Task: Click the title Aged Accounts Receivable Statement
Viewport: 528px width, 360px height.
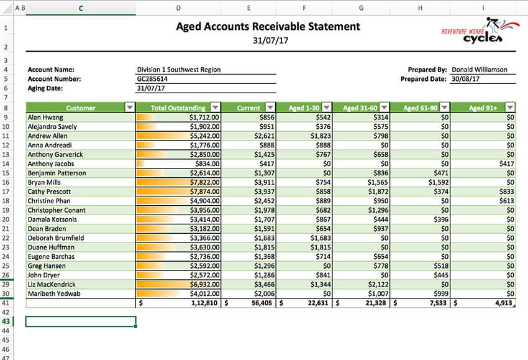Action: [268, 27]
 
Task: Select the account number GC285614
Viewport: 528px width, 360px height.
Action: [152, 79]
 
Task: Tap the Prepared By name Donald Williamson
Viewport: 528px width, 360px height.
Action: [479, 70]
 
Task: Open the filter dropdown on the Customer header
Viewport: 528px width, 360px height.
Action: [129, 108]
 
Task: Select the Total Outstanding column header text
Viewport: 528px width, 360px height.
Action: [178, 108]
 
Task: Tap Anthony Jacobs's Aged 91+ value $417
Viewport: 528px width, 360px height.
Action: [506, 164]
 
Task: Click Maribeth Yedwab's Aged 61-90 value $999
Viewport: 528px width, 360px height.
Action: [440, 294]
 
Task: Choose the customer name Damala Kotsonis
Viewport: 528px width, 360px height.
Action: [52, 219]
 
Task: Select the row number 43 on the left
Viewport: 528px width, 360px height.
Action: [6, 321]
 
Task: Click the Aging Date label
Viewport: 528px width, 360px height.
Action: [47, 88]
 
